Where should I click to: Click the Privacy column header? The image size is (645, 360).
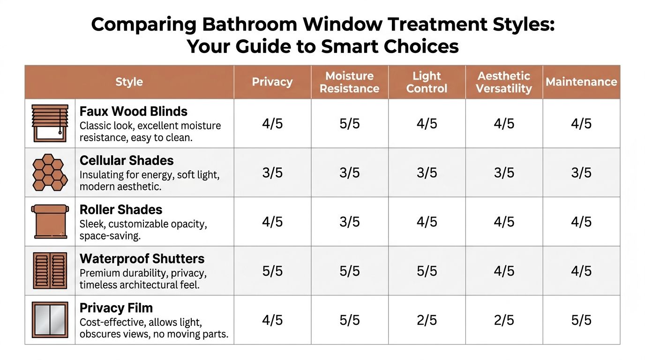[272, 82]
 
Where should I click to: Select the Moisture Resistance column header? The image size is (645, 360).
[349, 82]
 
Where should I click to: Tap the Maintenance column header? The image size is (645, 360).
[581, 82]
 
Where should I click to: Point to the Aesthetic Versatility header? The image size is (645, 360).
[503, 82]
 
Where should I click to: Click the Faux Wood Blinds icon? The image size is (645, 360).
[50, 123]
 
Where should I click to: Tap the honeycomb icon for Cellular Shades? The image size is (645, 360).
[50, 172]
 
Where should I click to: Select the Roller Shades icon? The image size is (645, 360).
[50, 221]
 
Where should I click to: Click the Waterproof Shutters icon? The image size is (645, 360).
[50, 271]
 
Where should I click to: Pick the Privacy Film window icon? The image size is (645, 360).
[50, 320]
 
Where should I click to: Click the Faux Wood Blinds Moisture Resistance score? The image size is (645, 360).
[350, 124]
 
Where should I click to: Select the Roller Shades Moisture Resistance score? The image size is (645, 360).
[350, 222]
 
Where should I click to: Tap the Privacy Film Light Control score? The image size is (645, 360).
[427, 320]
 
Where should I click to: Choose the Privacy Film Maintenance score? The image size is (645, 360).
[581, 320]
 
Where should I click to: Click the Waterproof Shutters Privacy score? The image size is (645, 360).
[272, 271]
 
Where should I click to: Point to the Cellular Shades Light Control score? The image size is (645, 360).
[427, 173]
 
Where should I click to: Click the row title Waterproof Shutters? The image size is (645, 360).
[142, 259]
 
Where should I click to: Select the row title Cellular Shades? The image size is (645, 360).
[127, 160]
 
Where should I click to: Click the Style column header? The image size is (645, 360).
[129, 82]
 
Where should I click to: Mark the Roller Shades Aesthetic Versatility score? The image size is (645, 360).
[504, 222]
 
